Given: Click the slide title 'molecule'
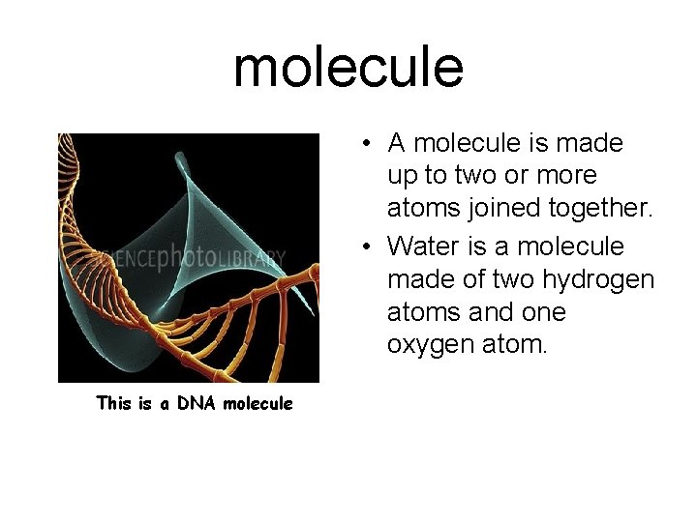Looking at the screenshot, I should pos(348,67).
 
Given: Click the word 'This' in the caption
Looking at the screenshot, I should pos(113,403).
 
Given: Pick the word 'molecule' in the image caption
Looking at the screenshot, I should pos(257,403).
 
